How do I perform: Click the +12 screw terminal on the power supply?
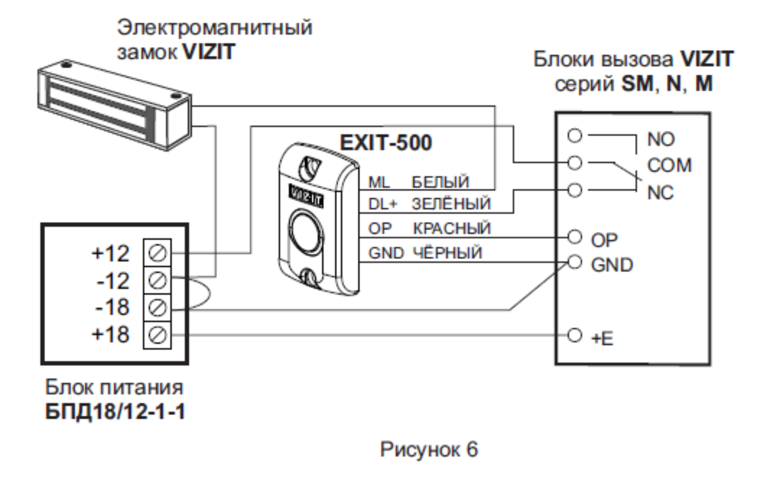click(x=157, y=253)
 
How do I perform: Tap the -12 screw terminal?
click(x=157, y=280)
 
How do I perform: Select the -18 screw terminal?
click(x=157, y=308)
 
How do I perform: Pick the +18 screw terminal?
click(x=157, y=335)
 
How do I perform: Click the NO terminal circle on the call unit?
click(x=575, y=135)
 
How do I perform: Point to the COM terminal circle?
click(x=575, y=163)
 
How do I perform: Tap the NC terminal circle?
click(x=575, y=190)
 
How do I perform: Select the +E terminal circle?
click(x=575, y=335)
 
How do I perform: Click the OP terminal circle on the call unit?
click(x=575, y=237)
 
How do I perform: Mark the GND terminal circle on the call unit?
click(x=575, y=262)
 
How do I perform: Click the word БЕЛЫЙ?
click(x=440, y=182)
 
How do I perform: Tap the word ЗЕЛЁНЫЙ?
click(x=451, y=204)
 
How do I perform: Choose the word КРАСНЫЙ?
click(x=452, y=228)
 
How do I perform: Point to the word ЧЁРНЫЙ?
click(x=448, y=252)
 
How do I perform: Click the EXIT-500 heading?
click(x=386, y=143)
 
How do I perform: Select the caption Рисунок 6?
click(x=429, y=449)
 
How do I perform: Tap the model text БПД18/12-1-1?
click(x=115, y=412)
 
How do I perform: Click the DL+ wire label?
click(x=382, y=204)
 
